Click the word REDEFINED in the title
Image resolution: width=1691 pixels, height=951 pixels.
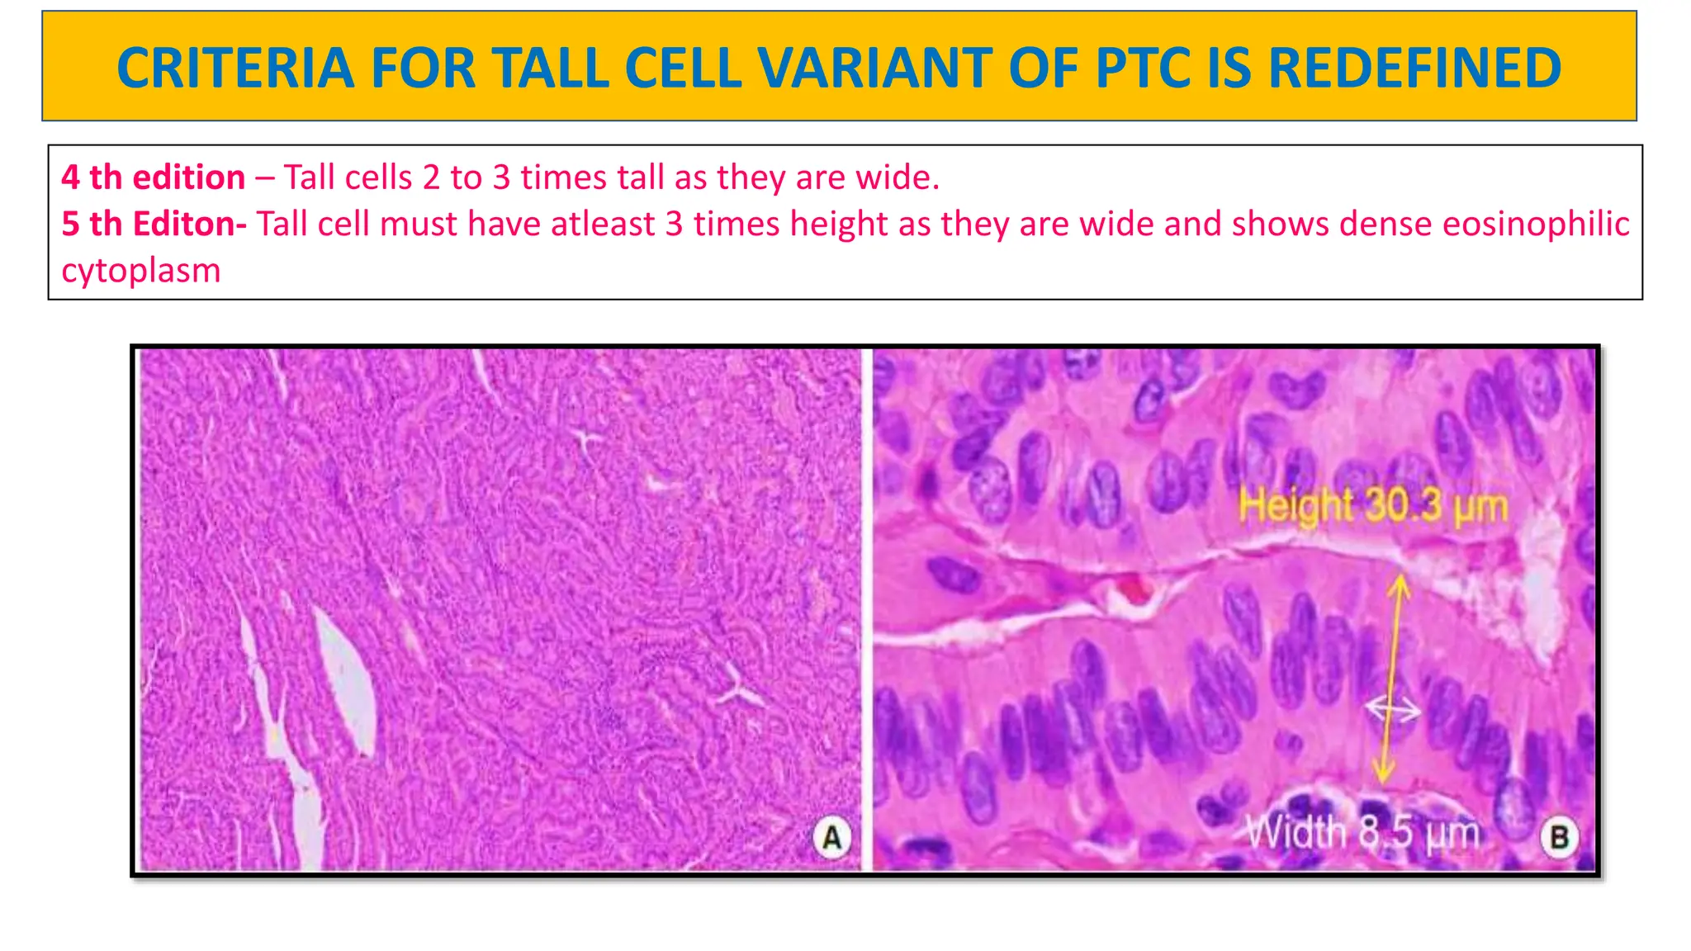click(x=1414, y=68)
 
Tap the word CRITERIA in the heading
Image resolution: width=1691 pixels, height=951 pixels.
click(x=235, y=68)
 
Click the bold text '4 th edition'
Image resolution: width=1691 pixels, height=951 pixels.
click(x=154, y=177)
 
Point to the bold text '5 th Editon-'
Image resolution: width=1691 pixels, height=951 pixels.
click(x=154, y=224)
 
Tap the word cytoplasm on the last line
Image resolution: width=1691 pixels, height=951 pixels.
click(x=141, y=270)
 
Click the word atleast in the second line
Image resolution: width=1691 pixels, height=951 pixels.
click(x=603, y=224)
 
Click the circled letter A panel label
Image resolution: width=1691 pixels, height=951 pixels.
click(x=831, y=837)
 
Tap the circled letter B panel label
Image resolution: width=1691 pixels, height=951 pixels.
click(x=1559, y=837)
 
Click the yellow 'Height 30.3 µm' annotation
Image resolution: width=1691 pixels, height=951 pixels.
click(x=1373, y=505)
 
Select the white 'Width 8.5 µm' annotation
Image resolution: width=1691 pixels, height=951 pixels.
click(x=1362, y=832)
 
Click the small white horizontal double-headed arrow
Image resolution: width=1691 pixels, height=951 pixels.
click(x=1392, y=708)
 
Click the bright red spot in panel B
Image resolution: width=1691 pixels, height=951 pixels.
click(x=1134, y=588)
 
